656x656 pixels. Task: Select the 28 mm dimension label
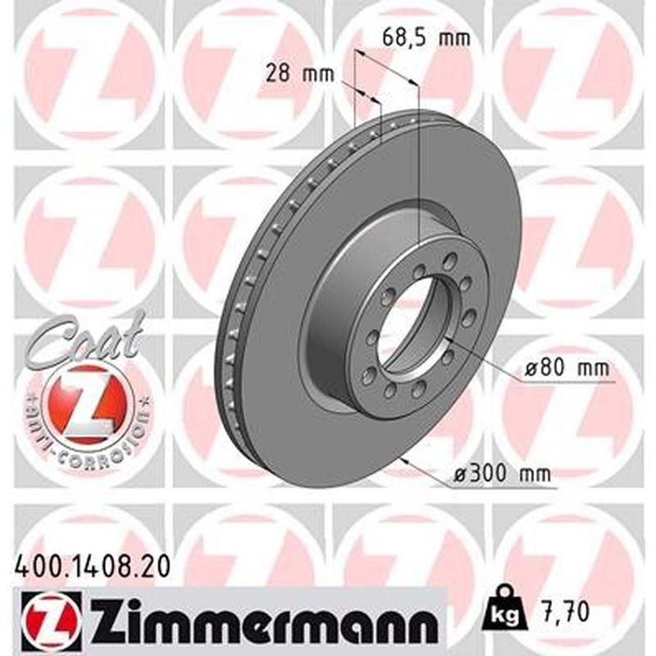[x=294, y=74]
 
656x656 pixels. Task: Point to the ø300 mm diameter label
[x=503, y=474]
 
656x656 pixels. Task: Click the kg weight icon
[x=502, y=612]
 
